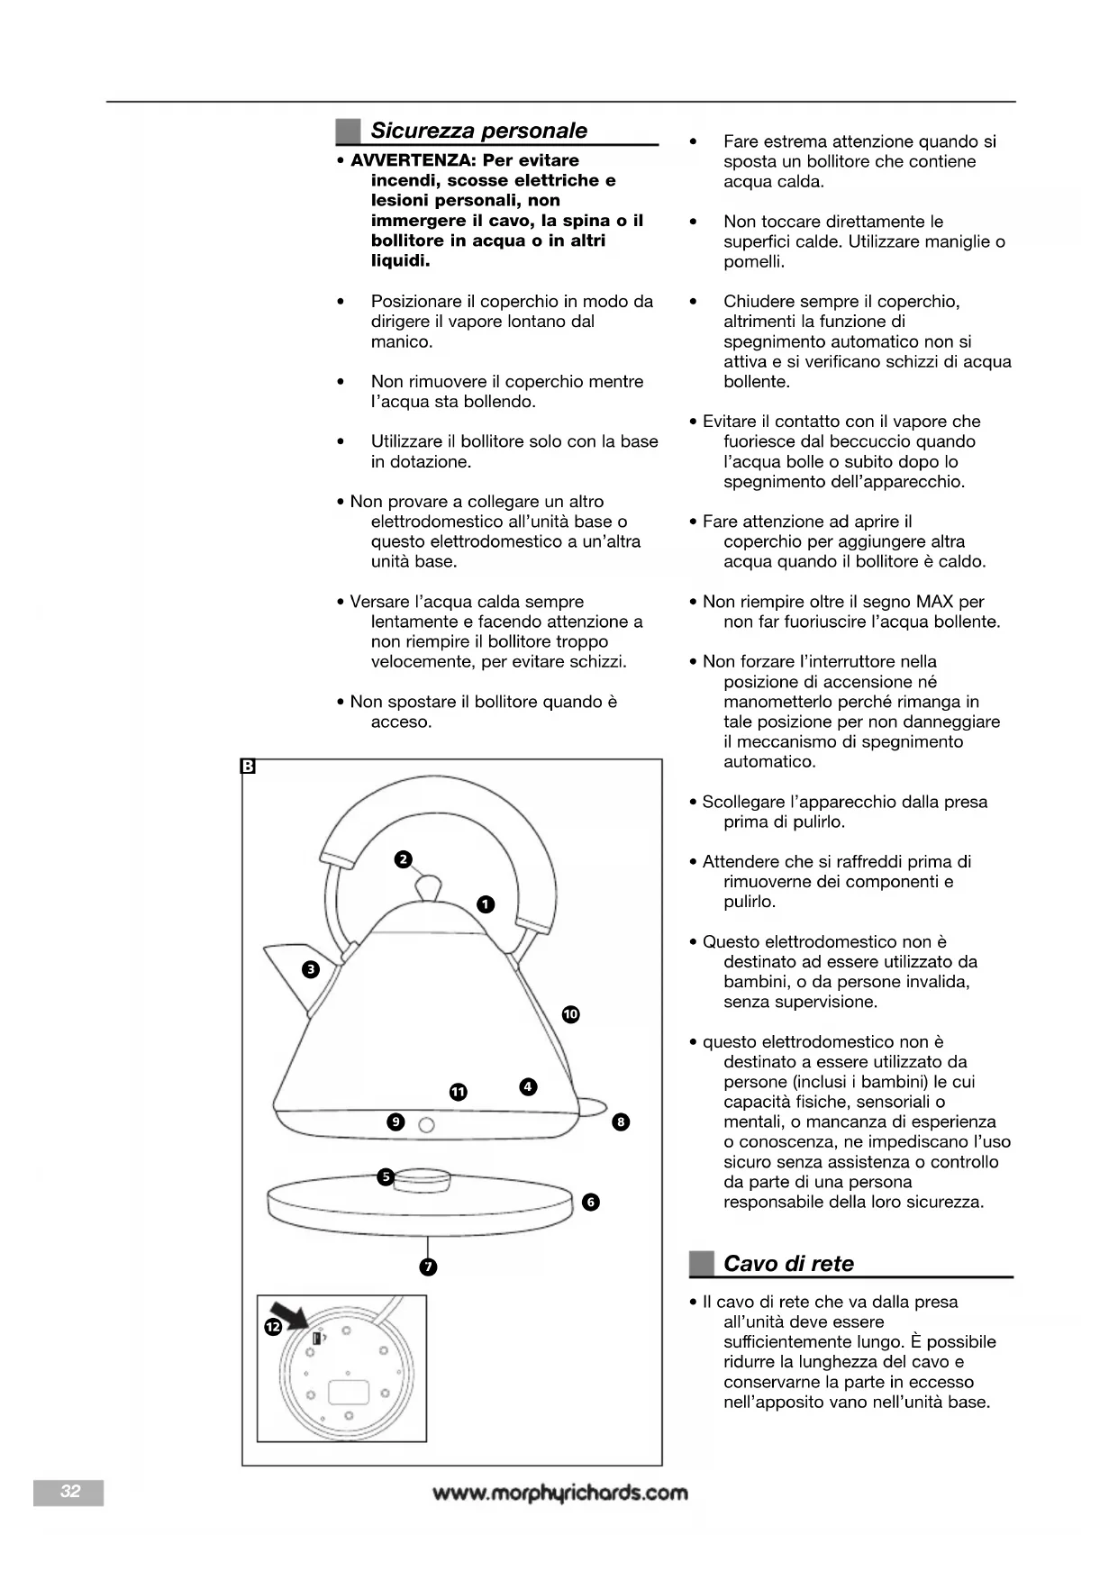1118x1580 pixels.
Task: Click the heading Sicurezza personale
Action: point(478,131)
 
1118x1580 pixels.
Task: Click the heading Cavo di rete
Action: point(788,1264)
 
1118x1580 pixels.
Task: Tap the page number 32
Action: point(69,1492)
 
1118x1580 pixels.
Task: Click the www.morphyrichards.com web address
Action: point(559,1493)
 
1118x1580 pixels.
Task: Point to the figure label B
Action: point(249,767)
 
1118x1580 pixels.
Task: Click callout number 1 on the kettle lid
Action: point(486,904)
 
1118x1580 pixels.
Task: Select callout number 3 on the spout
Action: point(311,969)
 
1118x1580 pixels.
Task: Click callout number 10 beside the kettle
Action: point(570,1014)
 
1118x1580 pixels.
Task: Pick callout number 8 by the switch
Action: point(621,1121)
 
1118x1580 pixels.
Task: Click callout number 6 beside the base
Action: point(591,1202)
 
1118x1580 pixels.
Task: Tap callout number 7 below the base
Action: point(429,1267)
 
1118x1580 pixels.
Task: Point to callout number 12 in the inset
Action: point(273,1327)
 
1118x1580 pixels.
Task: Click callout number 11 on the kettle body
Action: point(459,1092)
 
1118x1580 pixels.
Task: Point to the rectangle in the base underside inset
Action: point(349,1393)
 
